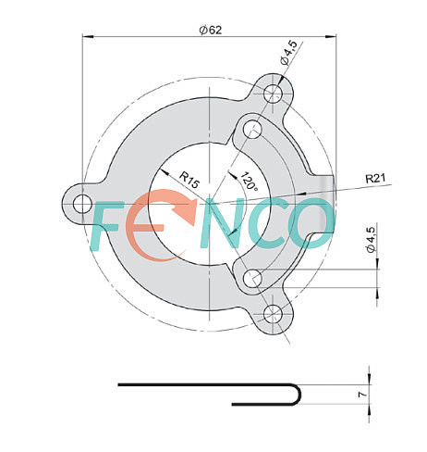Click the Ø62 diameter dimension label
point(211,30)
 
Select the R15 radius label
point(189,180)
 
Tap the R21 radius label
point(375,178)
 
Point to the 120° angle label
point(249,182)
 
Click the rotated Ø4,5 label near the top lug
point(289,53)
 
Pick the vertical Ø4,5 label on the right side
point(371,240)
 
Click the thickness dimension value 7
point(363,395)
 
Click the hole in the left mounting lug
point(82,204)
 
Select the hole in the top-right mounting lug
point(273,93)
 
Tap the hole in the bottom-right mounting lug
point(273,314)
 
